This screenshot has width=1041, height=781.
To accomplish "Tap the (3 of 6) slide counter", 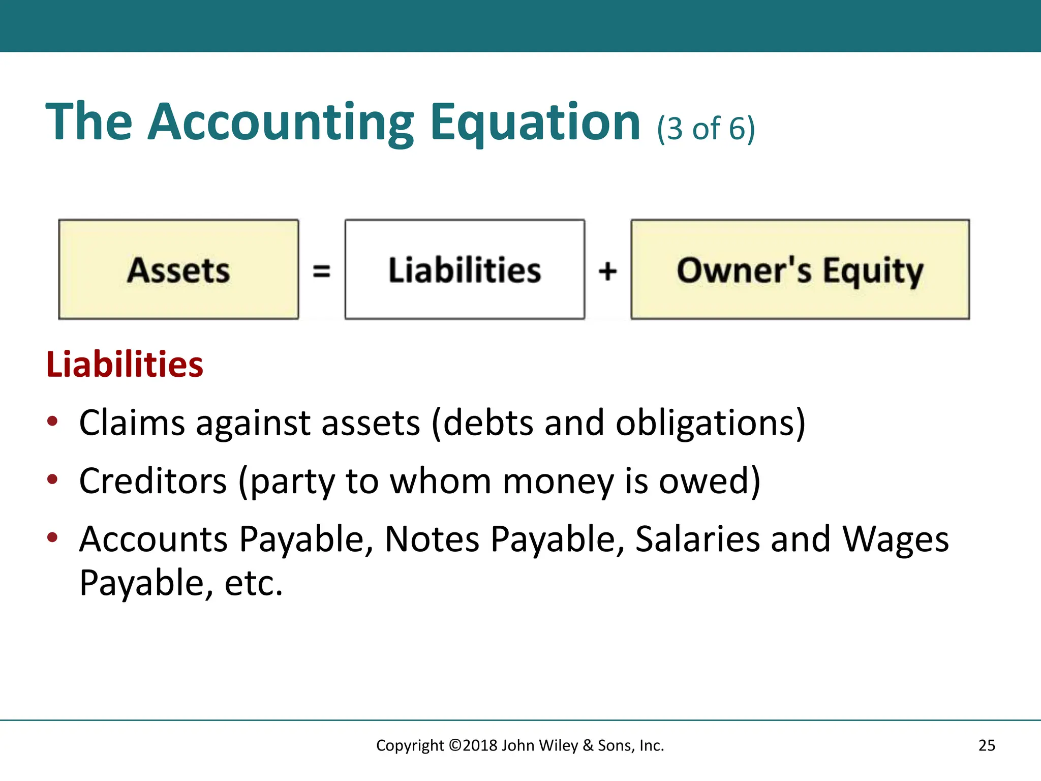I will [706, 128].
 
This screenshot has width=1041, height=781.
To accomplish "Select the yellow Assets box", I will [178, 269].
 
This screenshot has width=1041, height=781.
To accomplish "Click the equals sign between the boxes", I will [321, 271].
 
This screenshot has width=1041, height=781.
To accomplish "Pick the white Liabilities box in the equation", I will [465, 269].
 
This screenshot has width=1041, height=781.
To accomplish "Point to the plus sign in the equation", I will [607, 271].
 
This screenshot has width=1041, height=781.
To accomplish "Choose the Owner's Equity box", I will [800, 269].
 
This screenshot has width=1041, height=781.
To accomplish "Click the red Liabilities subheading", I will [125, 365].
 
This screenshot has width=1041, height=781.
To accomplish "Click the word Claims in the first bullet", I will [132, 423].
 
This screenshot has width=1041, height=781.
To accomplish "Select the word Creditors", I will [153, 481].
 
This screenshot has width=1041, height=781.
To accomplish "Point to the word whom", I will [440, 481].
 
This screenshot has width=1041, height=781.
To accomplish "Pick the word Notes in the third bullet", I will [432, 539].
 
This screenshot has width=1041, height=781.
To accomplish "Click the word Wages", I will [895, 539].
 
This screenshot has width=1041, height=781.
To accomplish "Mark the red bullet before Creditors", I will [52, 479].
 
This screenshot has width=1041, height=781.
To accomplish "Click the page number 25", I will [987, 745].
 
